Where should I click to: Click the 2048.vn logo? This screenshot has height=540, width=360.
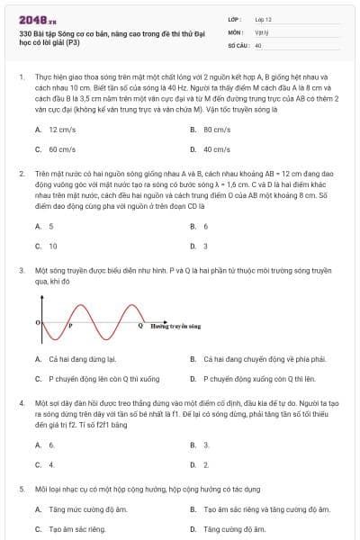point(38,19)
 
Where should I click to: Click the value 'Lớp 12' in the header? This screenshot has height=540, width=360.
point(263,18)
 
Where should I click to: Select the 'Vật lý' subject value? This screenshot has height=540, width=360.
point(261,31)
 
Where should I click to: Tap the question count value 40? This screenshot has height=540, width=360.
point(258,44)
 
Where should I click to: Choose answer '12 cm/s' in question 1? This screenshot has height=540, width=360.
point(61,129)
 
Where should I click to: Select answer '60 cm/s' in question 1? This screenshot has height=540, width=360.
point(62,148)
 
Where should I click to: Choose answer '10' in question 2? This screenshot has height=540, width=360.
point(53,245)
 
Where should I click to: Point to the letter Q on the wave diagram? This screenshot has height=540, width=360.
point(139,326)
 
